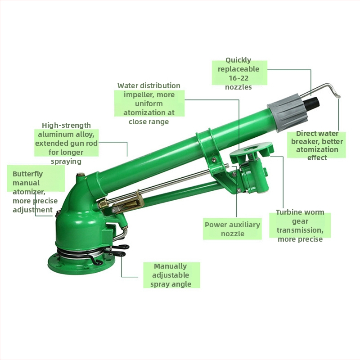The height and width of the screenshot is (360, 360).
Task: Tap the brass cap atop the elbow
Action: click(x=80, y=175)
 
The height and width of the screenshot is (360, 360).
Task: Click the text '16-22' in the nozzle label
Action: click(x=238, y=78)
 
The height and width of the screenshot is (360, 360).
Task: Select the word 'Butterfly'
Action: click(x=27, y=174)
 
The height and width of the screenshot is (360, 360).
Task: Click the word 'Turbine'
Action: click(x=288, y=212)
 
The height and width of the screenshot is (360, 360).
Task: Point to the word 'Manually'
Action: click(x=170, y=266)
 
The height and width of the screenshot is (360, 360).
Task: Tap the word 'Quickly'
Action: click(x=238, y=60)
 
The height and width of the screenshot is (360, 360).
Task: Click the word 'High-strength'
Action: click(x=66, y=126)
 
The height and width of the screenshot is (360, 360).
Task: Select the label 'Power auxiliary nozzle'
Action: click(x=232, y=229)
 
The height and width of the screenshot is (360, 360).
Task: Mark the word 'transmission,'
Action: click(x=300, y=230)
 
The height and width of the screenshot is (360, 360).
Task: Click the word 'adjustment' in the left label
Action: click(x=32, y=210)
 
